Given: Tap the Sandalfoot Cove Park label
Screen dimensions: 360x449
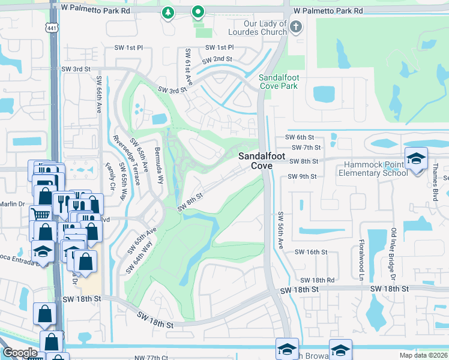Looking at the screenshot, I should (x=279, y=82).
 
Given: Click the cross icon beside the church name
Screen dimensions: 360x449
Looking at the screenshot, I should (x=296, y=26).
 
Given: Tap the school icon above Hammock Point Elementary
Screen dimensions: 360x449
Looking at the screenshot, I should (x=416, y=158).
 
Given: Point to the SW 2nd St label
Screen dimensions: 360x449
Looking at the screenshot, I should (x=217, y=60).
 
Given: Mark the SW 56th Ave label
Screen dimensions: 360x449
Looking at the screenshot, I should (x=280, y=228).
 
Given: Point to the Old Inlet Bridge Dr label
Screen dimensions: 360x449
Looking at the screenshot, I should (x=394, y=254).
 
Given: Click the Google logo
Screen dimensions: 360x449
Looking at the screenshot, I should (x=20, y=353).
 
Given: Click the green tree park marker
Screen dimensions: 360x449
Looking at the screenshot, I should (x=169, y=13).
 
